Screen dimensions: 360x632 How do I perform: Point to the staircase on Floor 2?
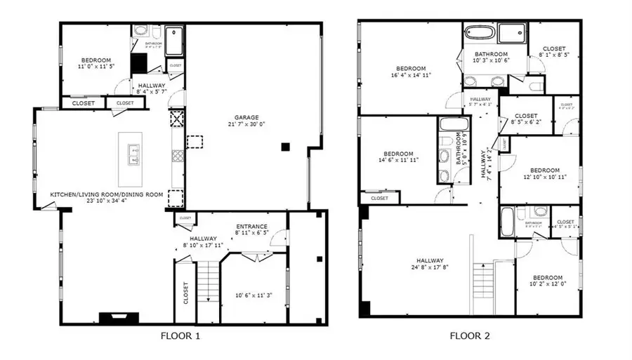(482, 287)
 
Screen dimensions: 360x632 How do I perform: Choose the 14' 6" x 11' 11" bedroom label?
(397, 156)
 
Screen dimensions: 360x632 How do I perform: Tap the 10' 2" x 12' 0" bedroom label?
(547, 281)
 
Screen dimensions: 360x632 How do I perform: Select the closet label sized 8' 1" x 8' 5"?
(553, 52)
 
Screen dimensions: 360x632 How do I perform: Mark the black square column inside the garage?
(284, 147)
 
